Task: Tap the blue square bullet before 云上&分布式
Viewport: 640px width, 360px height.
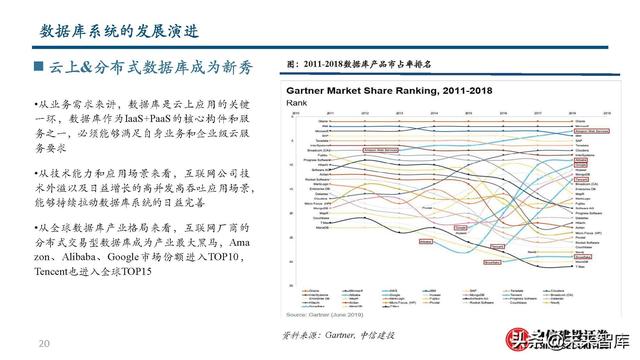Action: (38, 67)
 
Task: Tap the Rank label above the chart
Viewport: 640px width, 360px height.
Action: (296, 102)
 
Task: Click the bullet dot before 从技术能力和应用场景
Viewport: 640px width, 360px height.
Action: (38, 173)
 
